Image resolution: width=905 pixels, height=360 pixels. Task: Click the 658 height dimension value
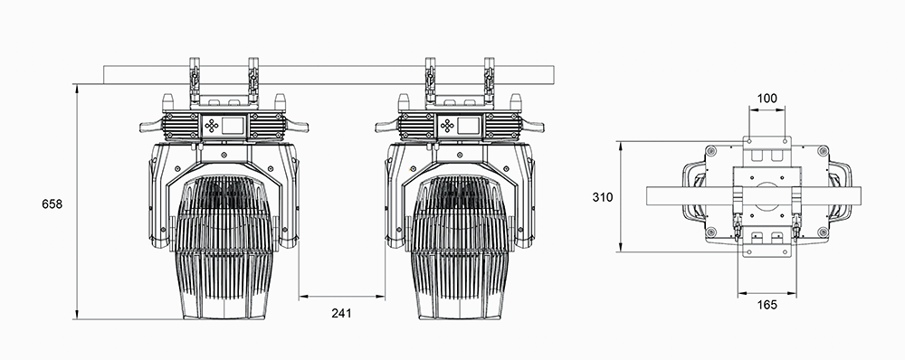(x=52, y=204)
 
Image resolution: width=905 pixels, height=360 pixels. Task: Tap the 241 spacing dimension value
(x=341, y=313)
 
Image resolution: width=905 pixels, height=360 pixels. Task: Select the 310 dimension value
(x=603, y=197)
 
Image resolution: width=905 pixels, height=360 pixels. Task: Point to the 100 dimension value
(x=767, y=99)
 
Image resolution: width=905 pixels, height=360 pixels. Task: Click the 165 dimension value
(x=767, y=305)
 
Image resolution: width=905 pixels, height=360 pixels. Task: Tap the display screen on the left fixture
(x=234, y=125)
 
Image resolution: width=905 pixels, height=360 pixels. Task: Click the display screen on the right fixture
(x=469, y=125)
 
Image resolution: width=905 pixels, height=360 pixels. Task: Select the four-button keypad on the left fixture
(x=212, y=126)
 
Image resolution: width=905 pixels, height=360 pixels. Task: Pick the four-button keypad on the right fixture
(x=446, y=126)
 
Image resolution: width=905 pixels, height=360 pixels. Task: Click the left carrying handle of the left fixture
(x=151, y=127)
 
